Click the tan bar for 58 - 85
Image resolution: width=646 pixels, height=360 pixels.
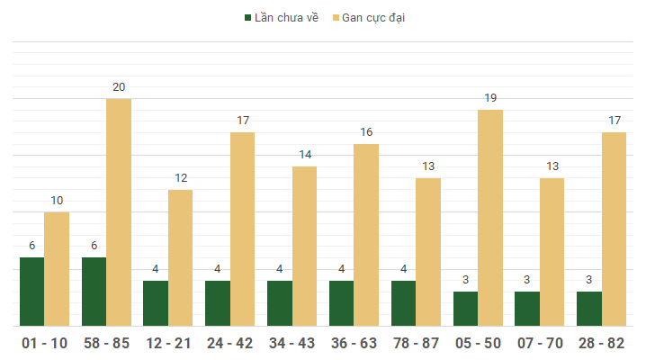pyautogui.click(x=119, y=211)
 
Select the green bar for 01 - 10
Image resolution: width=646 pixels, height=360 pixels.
pyautogui.click(x=31, y=292)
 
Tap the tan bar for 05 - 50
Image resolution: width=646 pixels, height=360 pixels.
pyautogui.click(x=490, y=217)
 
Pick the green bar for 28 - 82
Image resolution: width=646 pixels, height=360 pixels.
pyautogui.click(x=589, y=309)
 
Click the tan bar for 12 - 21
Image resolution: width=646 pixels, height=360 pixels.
pyautogui.click(x=180, y=257)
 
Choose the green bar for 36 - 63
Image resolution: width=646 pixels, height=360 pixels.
pyautogui.click(x=341, y=303)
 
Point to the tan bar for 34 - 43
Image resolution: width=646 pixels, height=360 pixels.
pyautogui.click(x=304, y=246)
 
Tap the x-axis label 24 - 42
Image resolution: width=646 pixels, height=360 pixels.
pyautogui.click(x=229, y=343)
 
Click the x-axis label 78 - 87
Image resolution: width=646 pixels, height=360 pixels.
pyautogui.click(x=416, y=343)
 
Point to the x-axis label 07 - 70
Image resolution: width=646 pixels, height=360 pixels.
pyautogui.click(x=540, y=343)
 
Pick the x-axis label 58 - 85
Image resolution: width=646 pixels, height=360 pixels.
pyautogui.click(x=106, y=343)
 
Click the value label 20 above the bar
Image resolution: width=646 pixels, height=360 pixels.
pyautogui.click(x=119, y=87)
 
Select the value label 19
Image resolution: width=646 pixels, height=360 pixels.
pyautogui.click(x=490, y=98)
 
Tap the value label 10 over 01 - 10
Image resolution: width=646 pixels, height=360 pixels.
pyautogui.click(x=57, y=201)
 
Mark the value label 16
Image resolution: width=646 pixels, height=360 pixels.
pyautogui.click(x=366, y=132)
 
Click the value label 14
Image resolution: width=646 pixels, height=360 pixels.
pyautogui.click(x=304, y=155)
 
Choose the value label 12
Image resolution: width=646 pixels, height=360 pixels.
pyautogui.click(x=180, y=178)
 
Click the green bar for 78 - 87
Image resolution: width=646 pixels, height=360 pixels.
pyautogui.click(x=403, y=303)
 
